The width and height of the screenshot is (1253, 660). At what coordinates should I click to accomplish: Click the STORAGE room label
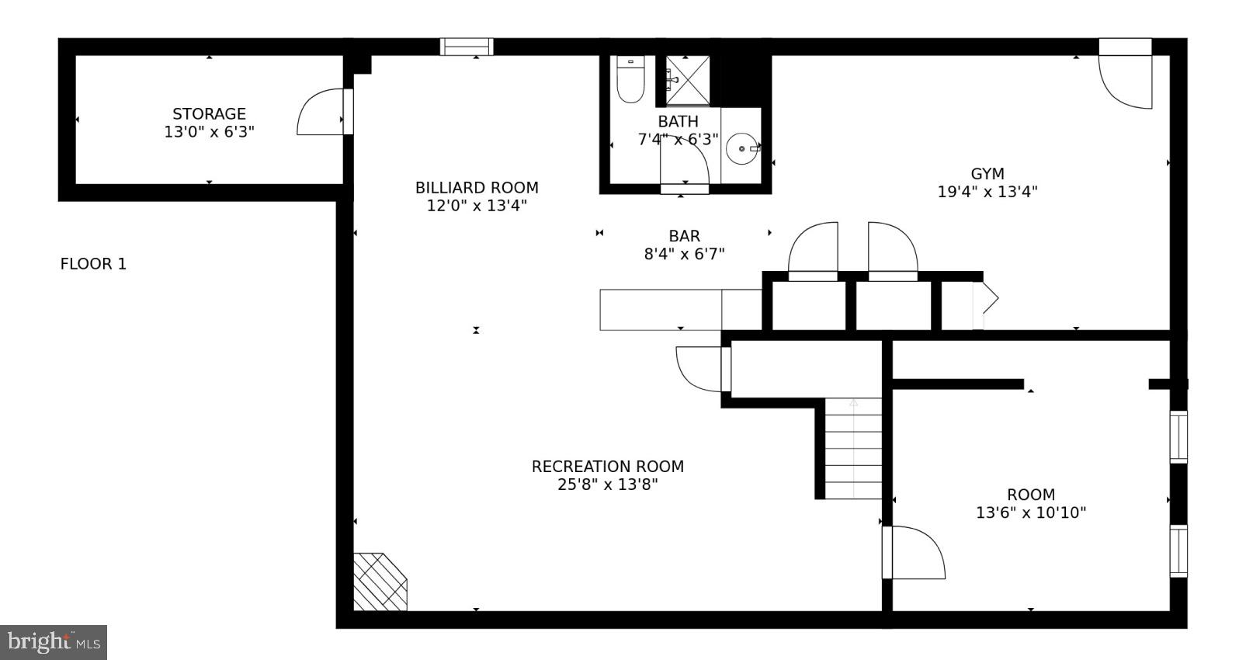[x=209, y=114]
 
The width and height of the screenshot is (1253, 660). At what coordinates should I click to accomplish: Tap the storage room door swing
[x=321, y=114]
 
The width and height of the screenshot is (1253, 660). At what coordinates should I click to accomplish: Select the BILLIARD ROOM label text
[x=477, y=188]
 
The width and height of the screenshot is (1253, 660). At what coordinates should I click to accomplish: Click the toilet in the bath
[x=630, y=81]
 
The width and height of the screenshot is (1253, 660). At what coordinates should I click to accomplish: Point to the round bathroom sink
[x=742, y=148]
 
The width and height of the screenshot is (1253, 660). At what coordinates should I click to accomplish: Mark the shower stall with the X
[x=687, y=81]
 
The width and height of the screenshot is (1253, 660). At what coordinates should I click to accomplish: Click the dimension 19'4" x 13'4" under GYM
[x=987, y=192]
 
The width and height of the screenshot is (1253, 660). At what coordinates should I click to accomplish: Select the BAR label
[x=684, y=236]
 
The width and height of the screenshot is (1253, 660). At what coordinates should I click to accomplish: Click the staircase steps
[x=852, y=449]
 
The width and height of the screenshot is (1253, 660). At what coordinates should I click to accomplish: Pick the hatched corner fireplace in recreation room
[x=378, y=582]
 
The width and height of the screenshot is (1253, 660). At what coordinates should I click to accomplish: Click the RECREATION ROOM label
[x=607, y=467]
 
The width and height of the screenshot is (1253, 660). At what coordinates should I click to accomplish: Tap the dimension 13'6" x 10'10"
[x=1030, y=512]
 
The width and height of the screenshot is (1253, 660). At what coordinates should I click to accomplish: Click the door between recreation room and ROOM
[x=915, y=553]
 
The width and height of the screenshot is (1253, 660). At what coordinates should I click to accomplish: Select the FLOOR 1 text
[x=93, y=264]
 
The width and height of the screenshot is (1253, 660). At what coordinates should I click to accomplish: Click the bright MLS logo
[x=54, y=642]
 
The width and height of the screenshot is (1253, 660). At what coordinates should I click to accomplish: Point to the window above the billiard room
[x=467, y=47]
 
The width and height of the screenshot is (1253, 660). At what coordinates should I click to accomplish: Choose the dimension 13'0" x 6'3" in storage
[x=209, y=132]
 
